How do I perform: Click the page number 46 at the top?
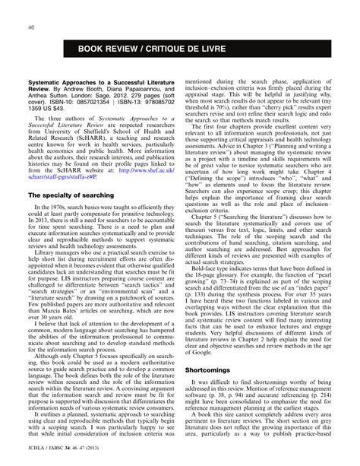[x=31, y=27]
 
